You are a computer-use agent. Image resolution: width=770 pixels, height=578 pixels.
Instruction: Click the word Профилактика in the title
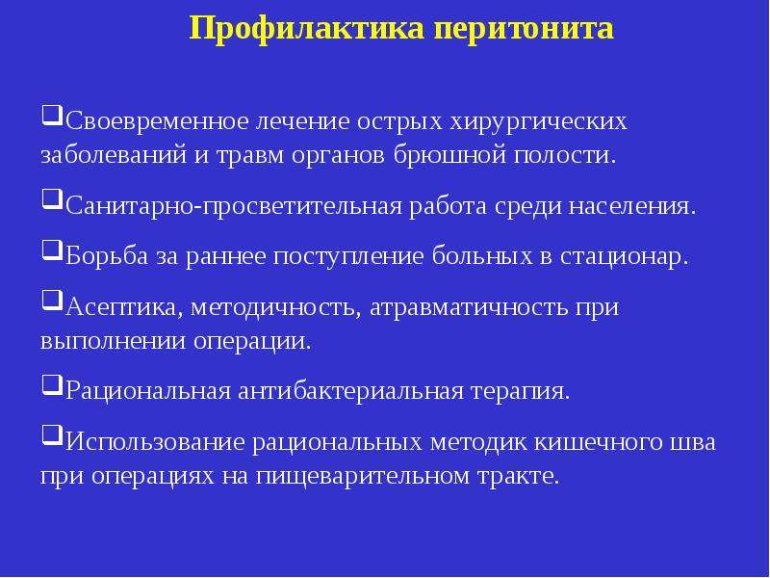(x=307, y=29)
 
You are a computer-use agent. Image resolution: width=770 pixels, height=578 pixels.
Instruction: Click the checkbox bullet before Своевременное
(x=52, y=116)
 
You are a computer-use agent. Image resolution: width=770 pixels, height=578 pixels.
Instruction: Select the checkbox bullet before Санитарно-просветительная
(x=52, y=199)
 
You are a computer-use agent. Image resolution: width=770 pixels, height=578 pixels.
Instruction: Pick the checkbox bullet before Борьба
(x=52, y=250)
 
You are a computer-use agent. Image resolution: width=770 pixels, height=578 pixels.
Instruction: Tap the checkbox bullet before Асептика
(x=52, y=301)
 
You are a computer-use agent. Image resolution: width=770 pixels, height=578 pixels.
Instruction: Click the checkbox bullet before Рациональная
(x=52, y=385)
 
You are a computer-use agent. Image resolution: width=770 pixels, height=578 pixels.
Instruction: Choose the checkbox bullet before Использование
(x=52, y=436)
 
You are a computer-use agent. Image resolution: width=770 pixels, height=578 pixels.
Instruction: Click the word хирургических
(x=539, y=122)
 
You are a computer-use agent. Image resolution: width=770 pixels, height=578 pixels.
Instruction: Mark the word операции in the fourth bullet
(x=252, y=342)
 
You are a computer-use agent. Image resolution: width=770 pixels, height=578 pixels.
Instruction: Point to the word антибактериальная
(x=350, y=392)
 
